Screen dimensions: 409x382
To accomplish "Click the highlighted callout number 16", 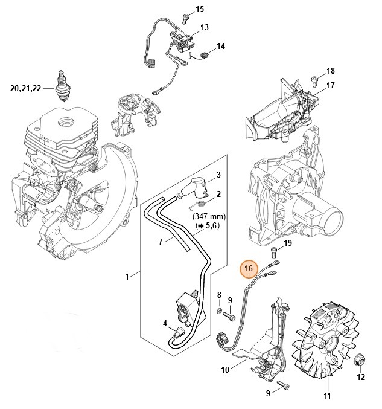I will [249, 268].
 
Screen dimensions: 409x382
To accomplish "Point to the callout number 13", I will [205, 28].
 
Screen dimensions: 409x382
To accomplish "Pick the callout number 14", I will [221, 46].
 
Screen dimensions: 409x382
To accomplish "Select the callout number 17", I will [331, 85].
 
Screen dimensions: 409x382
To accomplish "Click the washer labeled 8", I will [218, 311].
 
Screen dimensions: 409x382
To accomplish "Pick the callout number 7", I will [161, 242].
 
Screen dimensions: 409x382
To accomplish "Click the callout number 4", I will [165, 323].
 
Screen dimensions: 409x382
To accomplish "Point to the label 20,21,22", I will [25, 88].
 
